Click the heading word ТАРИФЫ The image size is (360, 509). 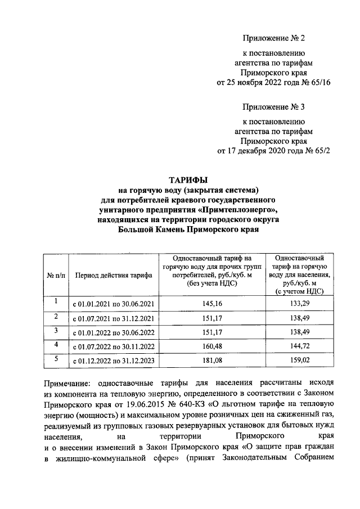(189, 180)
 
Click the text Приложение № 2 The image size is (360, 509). (273, 38)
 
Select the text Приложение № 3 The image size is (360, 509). (273, 107)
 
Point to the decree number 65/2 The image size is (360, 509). (321, 151)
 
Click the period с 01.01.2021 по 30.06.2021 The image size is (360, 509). (113, 304)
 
